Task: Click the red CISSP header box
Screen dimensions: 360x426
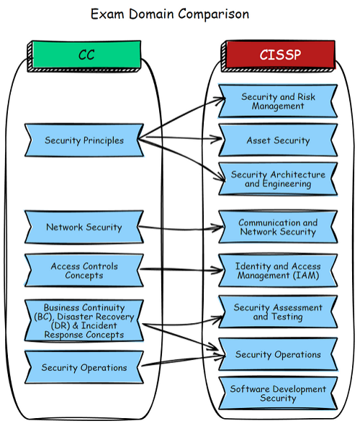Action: (x=279, y=55)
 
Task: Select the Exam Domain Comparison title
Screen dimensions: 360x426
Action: (x=170, y=14)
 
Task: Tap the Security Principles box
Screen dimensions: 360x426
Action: (x=84, y=140)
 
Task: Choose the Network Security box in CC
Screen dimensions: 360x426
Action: (x=84, y=227)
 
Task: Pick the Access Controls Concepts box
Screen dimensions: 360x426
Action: (x=84, y=271)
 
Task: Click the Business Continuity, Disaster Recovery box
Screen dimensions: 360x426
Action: (x=84, y=321)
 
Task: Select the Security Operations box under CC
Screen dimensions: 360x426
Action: (x=84, y=367)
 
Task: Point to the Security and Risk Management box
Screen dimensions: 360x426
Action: (x=278, y=101)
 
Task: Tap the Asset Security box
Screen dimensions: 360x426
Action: (x=278, y=140)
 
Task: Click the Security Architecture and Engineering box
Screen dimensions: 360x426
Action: (x=278, y=179)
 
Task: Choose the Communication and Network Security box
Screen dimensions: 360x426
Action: (x=278, y=227)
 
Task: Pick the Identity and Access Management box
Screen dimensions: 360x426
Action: (x=278, y=271)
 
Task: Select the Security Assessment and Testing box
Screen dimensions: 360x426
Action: (x=278, y=312)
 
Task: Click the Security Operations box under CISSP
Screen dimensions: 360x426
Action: (x=278, y=354)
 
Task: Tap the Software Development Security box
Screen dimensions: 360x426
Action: (x=278, y=394)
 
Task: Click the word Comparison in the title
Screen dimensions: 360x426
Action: (x=214, y=14)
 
